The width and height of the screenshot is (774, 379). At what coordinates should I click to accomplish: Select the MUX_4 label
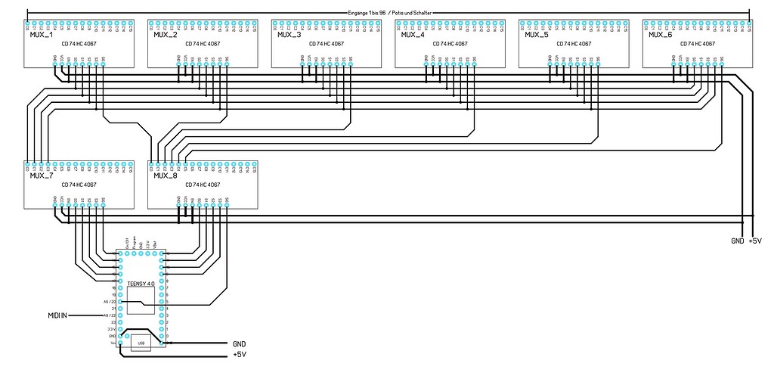413,35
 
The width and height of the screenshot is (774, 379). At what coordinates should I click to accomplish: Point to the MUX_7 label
42,176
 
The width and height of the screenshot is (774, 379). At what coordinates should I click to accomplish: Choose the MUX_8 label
166,176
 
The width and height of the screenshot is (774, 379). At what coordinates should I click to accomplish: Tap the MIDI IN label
54,315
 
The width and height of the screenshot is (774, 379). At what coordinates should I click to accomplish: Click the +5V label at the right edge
754,241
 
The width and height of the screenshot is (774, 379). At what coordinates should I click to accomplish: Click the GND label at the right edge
737,241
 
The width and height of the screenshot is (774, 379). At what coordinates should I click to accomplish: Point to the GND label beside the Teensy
240,343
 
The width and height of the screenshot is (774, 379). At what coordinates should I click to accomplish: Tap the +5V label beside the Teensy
240,353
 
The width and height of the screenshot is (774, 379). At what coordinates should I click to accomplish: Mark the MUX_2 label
166,35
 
